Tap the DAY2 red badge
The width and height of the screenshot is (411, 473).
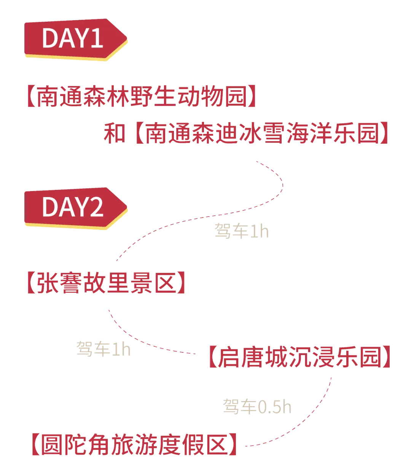point(72,207)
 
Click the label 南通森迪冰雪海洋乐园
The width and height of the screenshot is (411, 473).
point(263,134)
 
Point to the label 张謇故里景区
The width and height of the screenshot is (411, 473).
point(107,283)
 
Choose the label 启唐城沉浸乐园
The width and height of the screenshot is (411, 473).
point(299,357)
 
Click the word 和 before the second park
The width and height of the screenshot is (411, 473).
point(115,134)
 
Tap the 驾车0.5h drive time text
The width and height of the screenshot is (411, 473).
point(257,407)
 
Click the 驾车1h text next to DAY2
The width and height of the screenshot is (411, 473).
point(241,231)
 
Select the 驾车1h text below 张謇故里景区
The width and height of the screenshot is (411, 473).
point(104,349)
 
